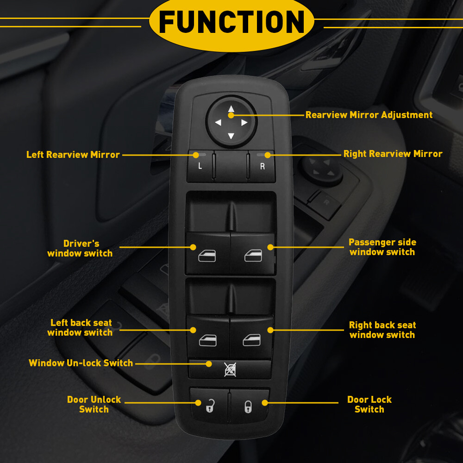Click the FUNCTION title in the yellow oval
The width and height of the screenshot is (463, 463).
coord(231,22)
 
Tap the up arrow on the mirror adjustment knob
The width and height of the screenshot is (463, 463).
coord(231,110)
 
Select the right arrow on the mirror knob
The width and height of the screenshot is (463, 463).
coord(244,123)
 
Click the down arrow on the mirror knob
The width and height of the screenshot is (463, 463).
coord(231,136)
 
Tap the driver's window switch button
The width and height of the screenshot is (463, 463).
coord(207,254)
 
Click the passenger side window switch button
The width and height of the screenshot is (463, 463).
coord(253,254)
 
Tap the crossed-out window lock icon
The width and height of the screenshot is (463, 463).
coord(230,369)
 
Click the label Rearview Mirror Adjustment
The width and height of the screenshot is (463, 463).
coord(369,115)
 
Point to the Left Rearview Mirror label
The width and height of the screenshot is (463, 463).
coord(73,155)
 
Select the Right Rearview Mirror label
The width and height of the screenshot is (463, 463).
coord(393,154)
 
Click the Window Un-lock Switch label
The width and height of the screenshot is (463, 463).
coord(81,363)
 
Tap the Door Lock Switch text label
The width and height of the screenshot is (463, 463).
coord(369,404)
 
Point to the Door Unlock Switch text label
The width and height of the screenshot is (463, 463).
coord(94,404)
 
